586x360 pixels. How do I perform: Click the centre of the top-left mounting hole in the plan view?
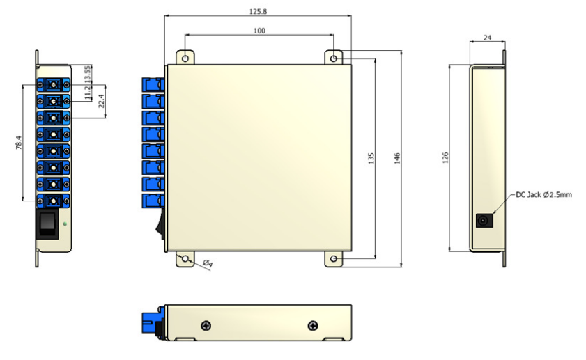point(185,58)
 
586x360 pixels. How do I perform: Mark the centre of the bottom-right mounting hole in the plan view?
point(334,259)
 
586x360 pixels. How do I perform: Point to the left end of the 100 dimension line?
point(185,35)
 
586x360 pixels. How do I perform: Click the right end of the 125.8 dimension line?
point(351,16)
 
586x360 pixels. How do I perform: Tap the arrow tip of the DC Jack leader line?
point(493,214)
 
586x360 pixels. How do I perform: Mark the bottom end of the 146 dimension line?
point(401,267)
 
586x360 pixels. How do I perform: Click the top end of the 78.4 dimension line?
point(23,85)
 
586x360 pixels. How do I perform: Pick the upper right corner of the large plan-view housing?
point(352,65)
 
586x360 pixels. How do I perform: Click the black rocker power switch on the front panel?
point(47,223)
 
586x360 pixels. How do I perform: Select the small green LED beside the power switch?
point(65,224)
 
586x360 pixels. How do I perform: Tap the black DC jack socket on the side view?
point(484,220)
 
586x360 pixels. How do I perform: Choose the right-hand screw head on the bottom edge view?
point(313,326)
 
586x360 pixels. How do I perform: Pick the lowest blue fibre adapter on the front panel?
point(54,201)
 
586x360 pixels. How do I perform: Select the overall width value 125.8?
point(259,12)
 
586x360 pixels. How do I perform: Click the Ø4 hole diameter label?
point(208,263)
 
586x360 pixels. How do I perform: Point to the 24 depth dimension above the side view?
point(487,38)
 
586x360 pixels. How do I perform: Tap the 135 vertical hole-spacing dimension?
point(371,158)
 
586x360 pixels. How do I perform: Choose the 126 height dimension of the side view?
point(445,157)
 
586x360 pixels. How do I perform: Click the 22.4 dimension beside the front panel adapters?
point(101,101)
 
